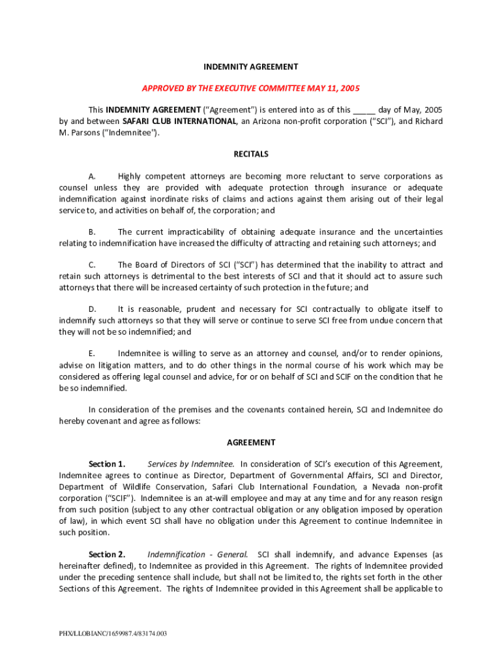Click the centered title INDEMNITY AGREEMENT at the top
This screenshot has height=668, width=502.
pos(251,67)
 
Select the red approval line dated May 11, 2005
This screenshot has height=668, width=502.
pos(251,88)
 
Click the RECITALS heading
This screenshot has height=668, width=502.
pos(251,155)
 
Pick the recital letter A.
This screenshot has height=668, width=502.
pos(93,176)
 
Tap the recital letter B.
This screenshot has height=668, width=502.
pos(93,232)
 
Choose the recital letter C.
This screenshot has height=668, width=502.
pos(93,265)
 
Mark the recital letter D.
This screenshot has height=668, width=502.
pos(93,309)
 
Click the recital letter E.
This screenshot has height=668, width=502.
pos(93,354)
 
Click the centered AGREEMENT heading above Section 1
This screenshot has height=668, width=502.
pos(251,442)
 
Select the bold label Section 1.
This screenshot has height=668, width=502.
pos(106,464)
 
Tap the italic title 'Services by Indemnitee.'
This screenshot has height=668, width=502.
pos(190,464)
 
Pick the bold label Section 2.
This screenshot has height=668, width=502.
pos(106,554)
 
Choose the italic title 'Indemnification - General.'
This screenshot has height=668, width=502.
pos(198,554)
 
